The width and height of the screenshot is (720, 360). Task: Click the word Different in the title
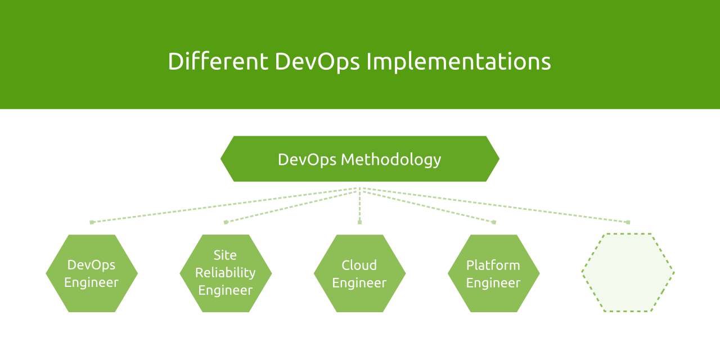[218, 61]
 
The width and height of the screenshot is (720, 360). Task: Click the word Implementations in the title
[458, 61]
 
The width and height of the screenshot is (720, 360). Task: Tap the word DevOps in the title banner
[317, 61]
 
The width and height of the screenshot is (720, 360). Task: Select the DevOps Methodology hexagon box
[359, 159]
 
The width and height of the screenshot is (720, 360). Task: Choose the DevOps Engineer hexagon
[92, 273]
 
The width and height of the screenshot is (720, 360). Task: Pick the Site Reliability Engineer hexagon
[226, 273]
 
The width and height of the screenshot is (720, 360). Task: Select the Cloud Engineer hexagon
[359, 273]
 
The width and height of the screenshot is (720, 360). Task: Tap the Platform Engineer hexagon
[493, 273]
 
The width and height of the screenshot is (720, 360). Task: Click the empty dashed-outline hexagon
[628, 273]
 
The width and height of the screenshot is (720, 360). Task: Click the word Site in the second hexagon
[225, 255]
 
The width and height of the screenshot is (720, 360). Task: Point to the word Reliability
[225, 273]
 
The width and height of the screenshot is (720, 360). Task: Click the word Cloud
[359, 265]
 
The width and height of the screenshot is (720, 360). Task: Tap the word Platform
[493, 265]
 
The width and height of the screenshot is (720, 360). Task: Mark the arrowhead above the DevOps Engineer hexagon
[92, 222]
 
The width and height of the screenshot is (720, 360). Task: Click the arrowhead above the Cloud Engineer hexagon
[359, 222]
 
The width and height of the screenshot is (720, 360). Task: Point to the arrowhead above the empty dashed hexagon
[628, 222]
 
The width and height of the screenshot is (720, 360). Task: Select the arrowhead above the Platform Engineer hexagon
[494, 222]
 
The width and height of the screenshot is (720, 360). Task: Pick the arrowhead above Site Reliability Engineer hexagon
[226, 222]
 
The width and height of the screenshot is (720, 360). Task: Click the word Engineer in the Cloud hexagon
[359, 283]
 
